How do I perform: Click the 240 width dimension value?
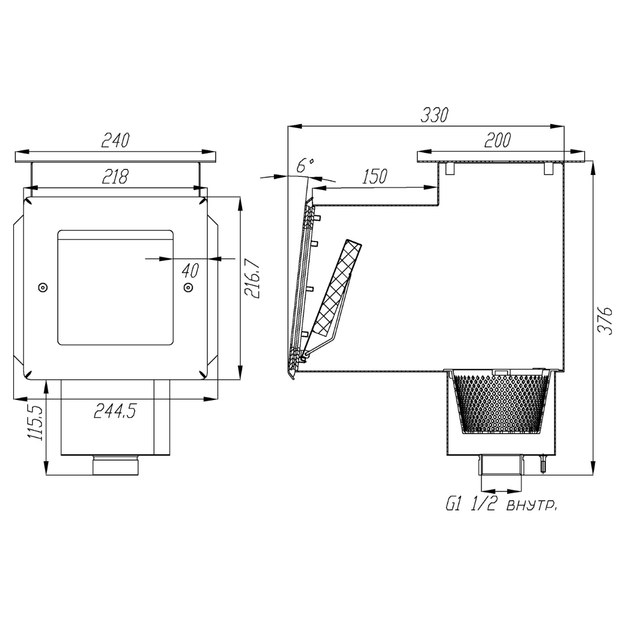click(115, 140)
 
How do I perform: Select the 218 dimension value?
click(115, 177)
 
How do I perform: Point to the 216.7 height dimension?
click(252, 278)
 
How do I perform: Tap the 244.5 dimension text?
click(115, 411)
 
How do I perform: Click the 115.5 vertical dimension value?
click(34, 421)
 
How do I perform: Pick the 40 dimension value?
click(191, 271)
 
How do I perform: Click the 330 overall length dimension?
click(434, 115)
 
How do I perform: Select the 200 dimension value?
click(497, 140)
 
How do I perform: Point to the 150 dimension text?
click(374, 176)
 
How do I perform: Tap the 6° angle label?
click(305, 166)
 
